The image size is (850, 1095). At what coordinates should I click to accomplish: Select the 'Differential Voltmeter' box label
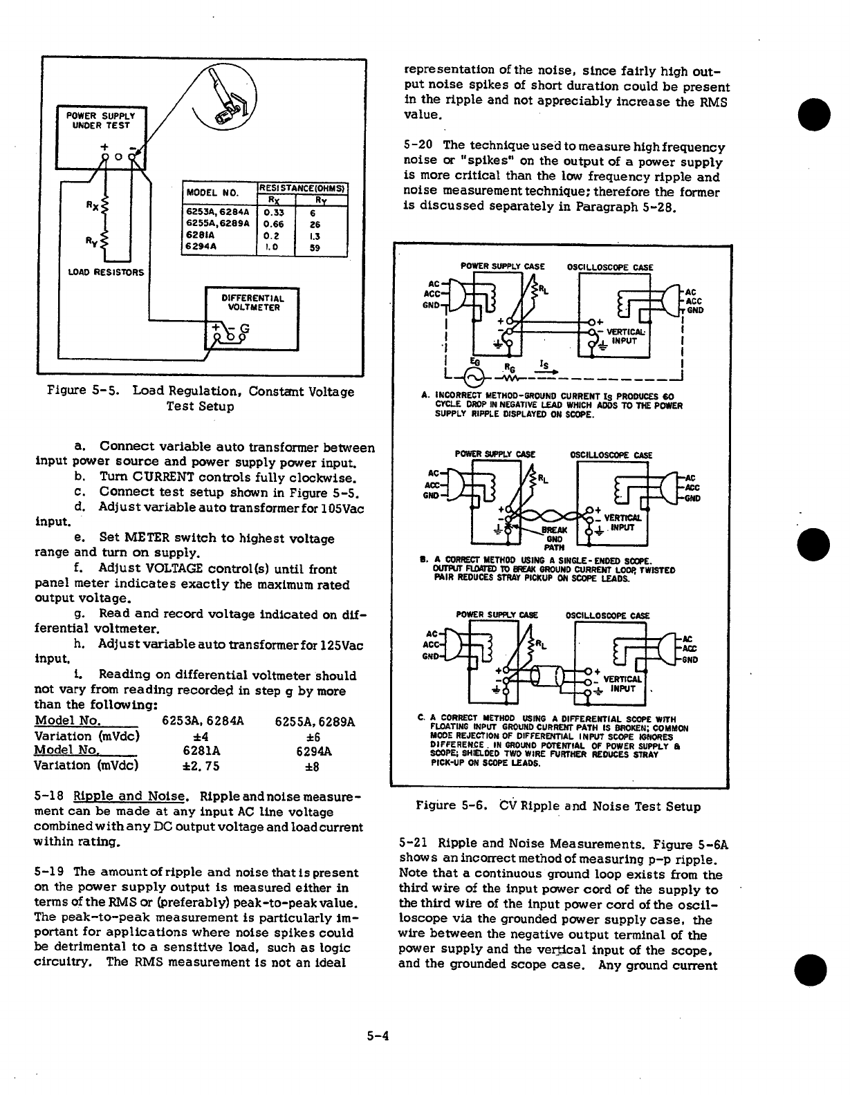251,302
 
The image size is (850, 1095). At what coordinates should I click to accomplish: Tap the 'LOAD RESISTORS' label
106,272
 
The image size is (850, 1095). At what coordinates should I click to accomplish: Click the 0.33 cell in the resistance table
275,213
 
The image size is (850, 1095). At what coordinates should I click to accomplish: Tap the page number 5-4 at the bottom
379,1036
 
